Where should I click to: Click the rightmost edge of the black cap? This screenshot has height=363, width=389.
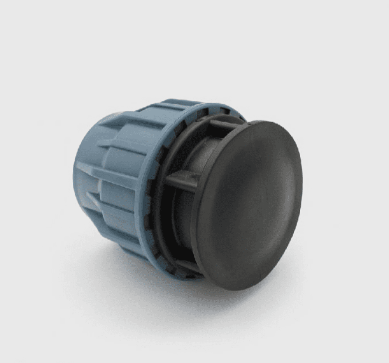click(302, 195)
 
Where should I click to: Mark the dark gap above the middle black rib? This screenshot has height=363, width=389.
click(187, 156)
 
